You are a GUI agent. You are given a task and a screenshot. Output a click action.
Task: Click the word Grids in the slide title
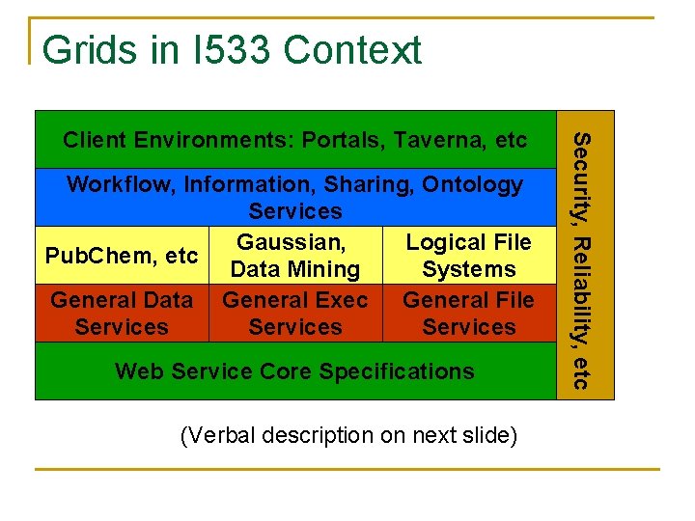pos(80,50)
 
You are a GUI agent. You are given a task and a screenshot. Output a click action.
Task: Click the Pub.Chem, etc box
pos(122,256)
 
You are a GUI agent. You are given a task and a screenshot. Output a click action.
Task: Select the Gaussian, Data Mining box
pos(295,256)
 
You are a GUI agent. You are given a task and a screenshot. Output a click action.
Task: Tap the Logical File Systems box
pos(468,256)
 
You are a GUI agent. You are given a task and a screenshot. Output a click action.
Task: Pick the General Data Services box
pos(122,314)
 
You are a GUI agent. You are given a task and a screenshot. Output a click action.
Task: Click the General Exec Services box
pos(295,314)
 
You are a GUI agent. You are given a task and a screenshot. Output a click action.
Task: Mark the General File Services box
pos(468,314)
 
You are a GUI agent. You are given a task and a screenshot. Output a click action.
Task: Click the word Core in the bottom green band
pos(291,371)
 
